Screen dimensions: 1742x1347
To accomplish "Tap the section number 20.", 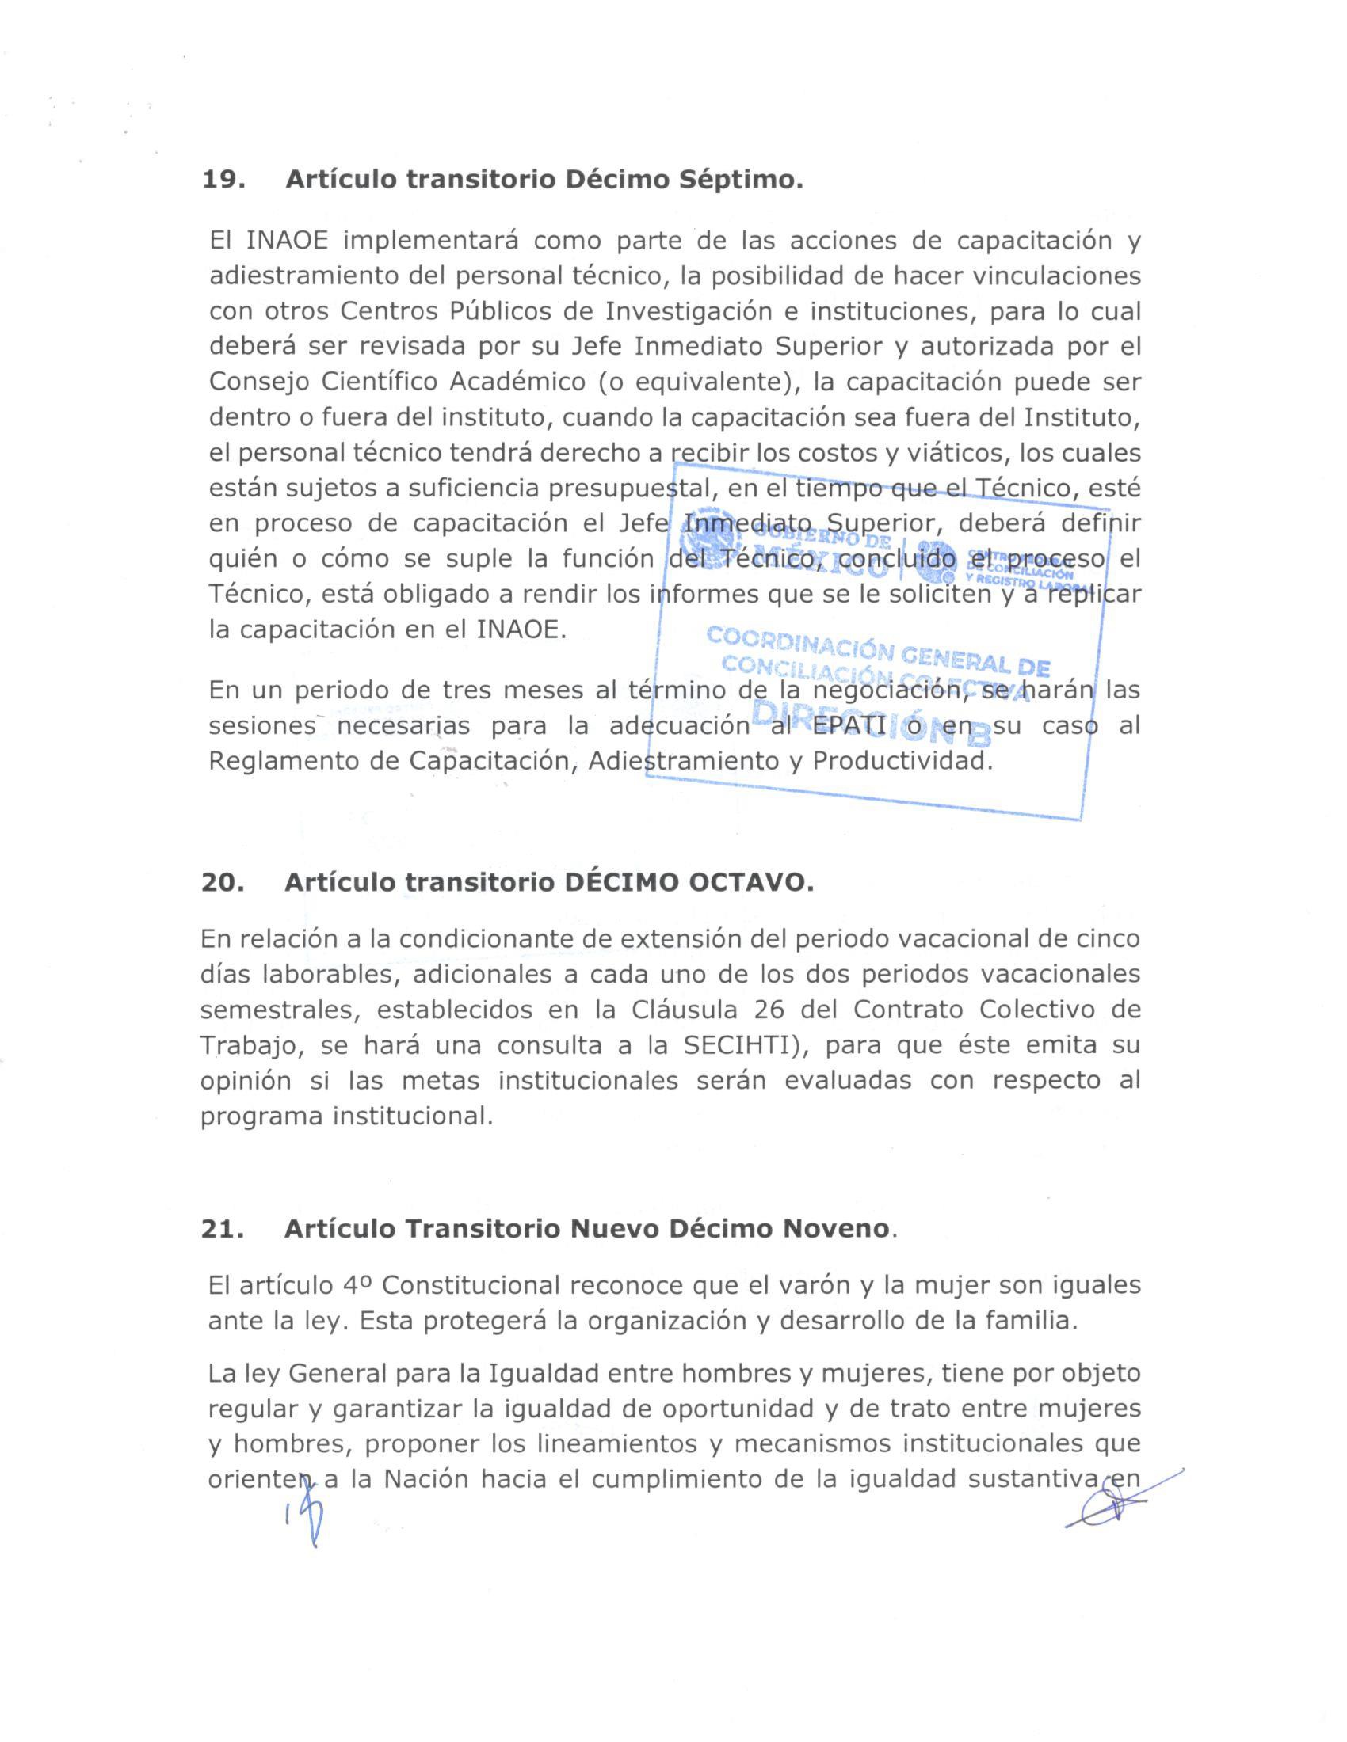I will click(223, 883).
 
